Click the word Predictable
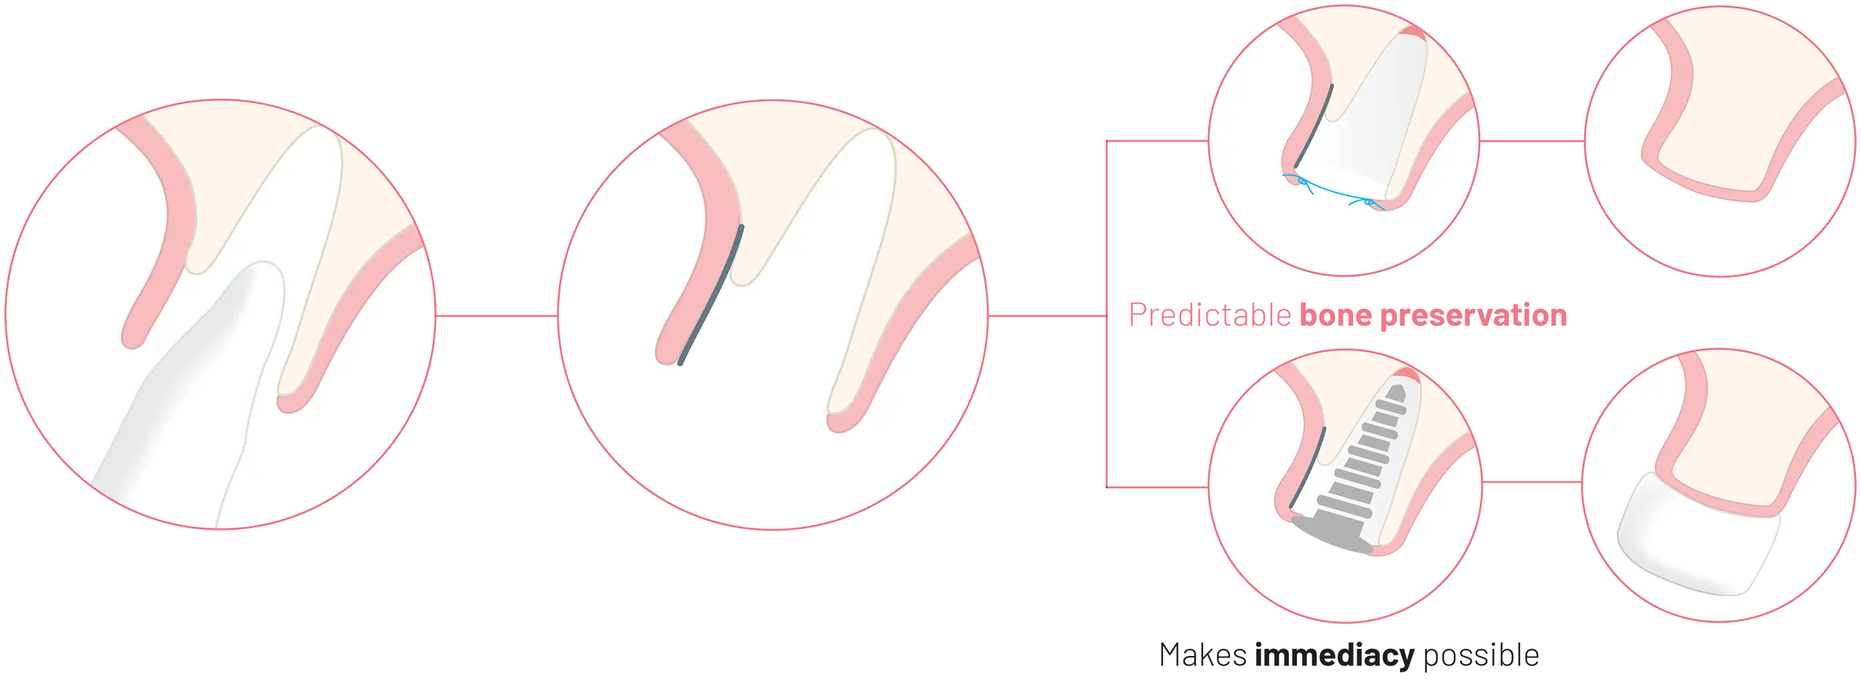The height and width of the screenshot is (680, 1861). click(1210, 316)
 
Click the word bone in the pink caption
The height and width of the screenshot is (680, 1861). click(1335, 315)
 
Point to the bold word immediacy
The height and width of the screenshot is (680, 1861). click(1335, 656)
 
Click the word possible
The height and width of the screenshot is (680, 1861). click(1481, 656)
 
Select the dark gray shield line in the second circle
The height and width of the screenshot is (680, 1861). click(711, 295)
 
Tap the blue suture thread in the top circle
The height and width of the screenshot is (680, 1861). click(1334, 191)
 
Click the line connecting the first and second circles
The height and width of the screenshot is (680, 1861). click(497, 316)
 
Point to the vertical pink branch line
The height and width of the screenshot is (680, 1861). click(1106, 314)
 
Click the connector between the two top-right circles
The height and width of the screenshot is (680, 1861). click(1532, 141)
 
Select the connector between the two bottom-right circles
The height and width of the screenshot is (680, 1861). click(1532, 482)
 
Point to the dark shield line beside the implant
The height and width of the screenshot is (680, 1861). click(1307, 468)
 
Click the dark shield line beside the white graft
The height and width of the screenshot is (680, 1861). click(1314, 126)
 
